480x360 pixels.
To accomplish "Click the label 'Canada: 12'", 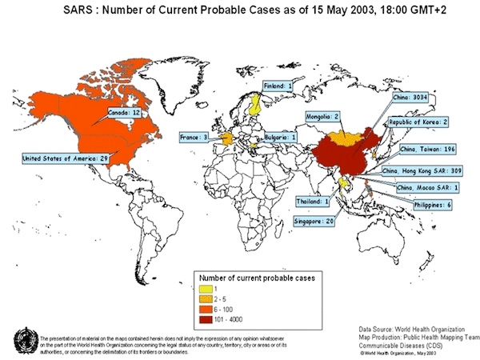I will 125,114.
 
